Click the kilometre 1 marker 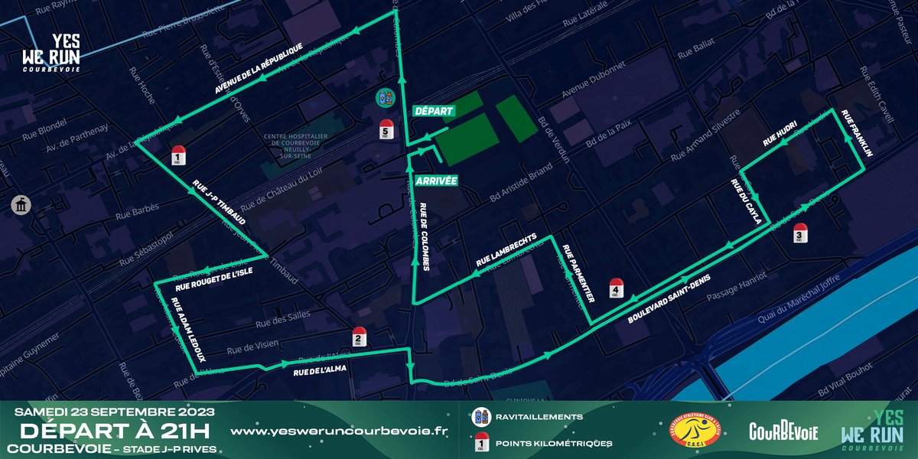click(177, 155)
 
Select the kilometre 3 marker click(800, 233)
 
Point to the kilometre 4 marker click(616, 288)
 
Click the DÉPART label click(434, 110)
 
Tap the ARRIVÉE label click(436, 181)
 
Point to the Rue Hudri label click(780, 135)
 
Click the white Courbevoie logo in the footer click(783, 431)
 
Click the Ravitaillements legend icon click(483, 417)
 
